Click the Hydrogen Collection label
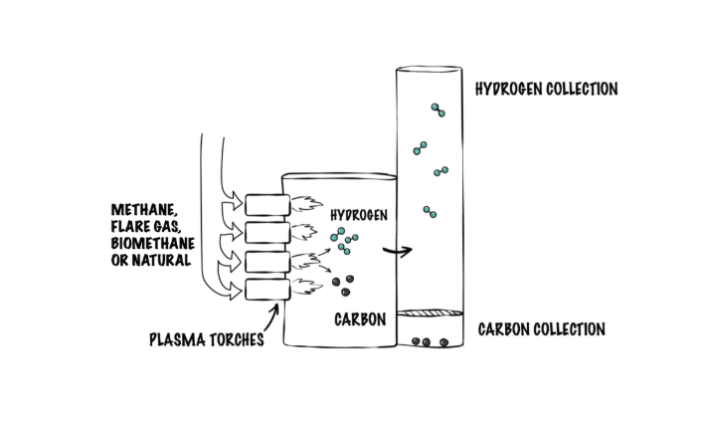[x=546, y=90]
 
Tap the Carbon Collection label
[x=541, y=329]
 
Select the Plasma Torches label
[x=206, y=339]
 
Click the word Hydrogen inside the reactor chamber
[x=358, y=215]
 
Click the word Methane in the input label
[x=144, y=211]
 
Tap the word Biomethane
[x=152, y=244]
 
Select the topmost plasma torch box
[x=265, y=205]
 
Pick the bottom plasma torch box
[x=265, y=290]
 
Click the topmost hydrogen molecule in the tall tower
[x=437, y=108]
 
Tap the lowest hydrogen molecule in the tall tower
[x=430, y=211]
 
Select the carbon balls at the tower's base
[x=429, y=342]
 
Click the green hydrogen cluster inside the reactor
[x=345, y=240]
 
